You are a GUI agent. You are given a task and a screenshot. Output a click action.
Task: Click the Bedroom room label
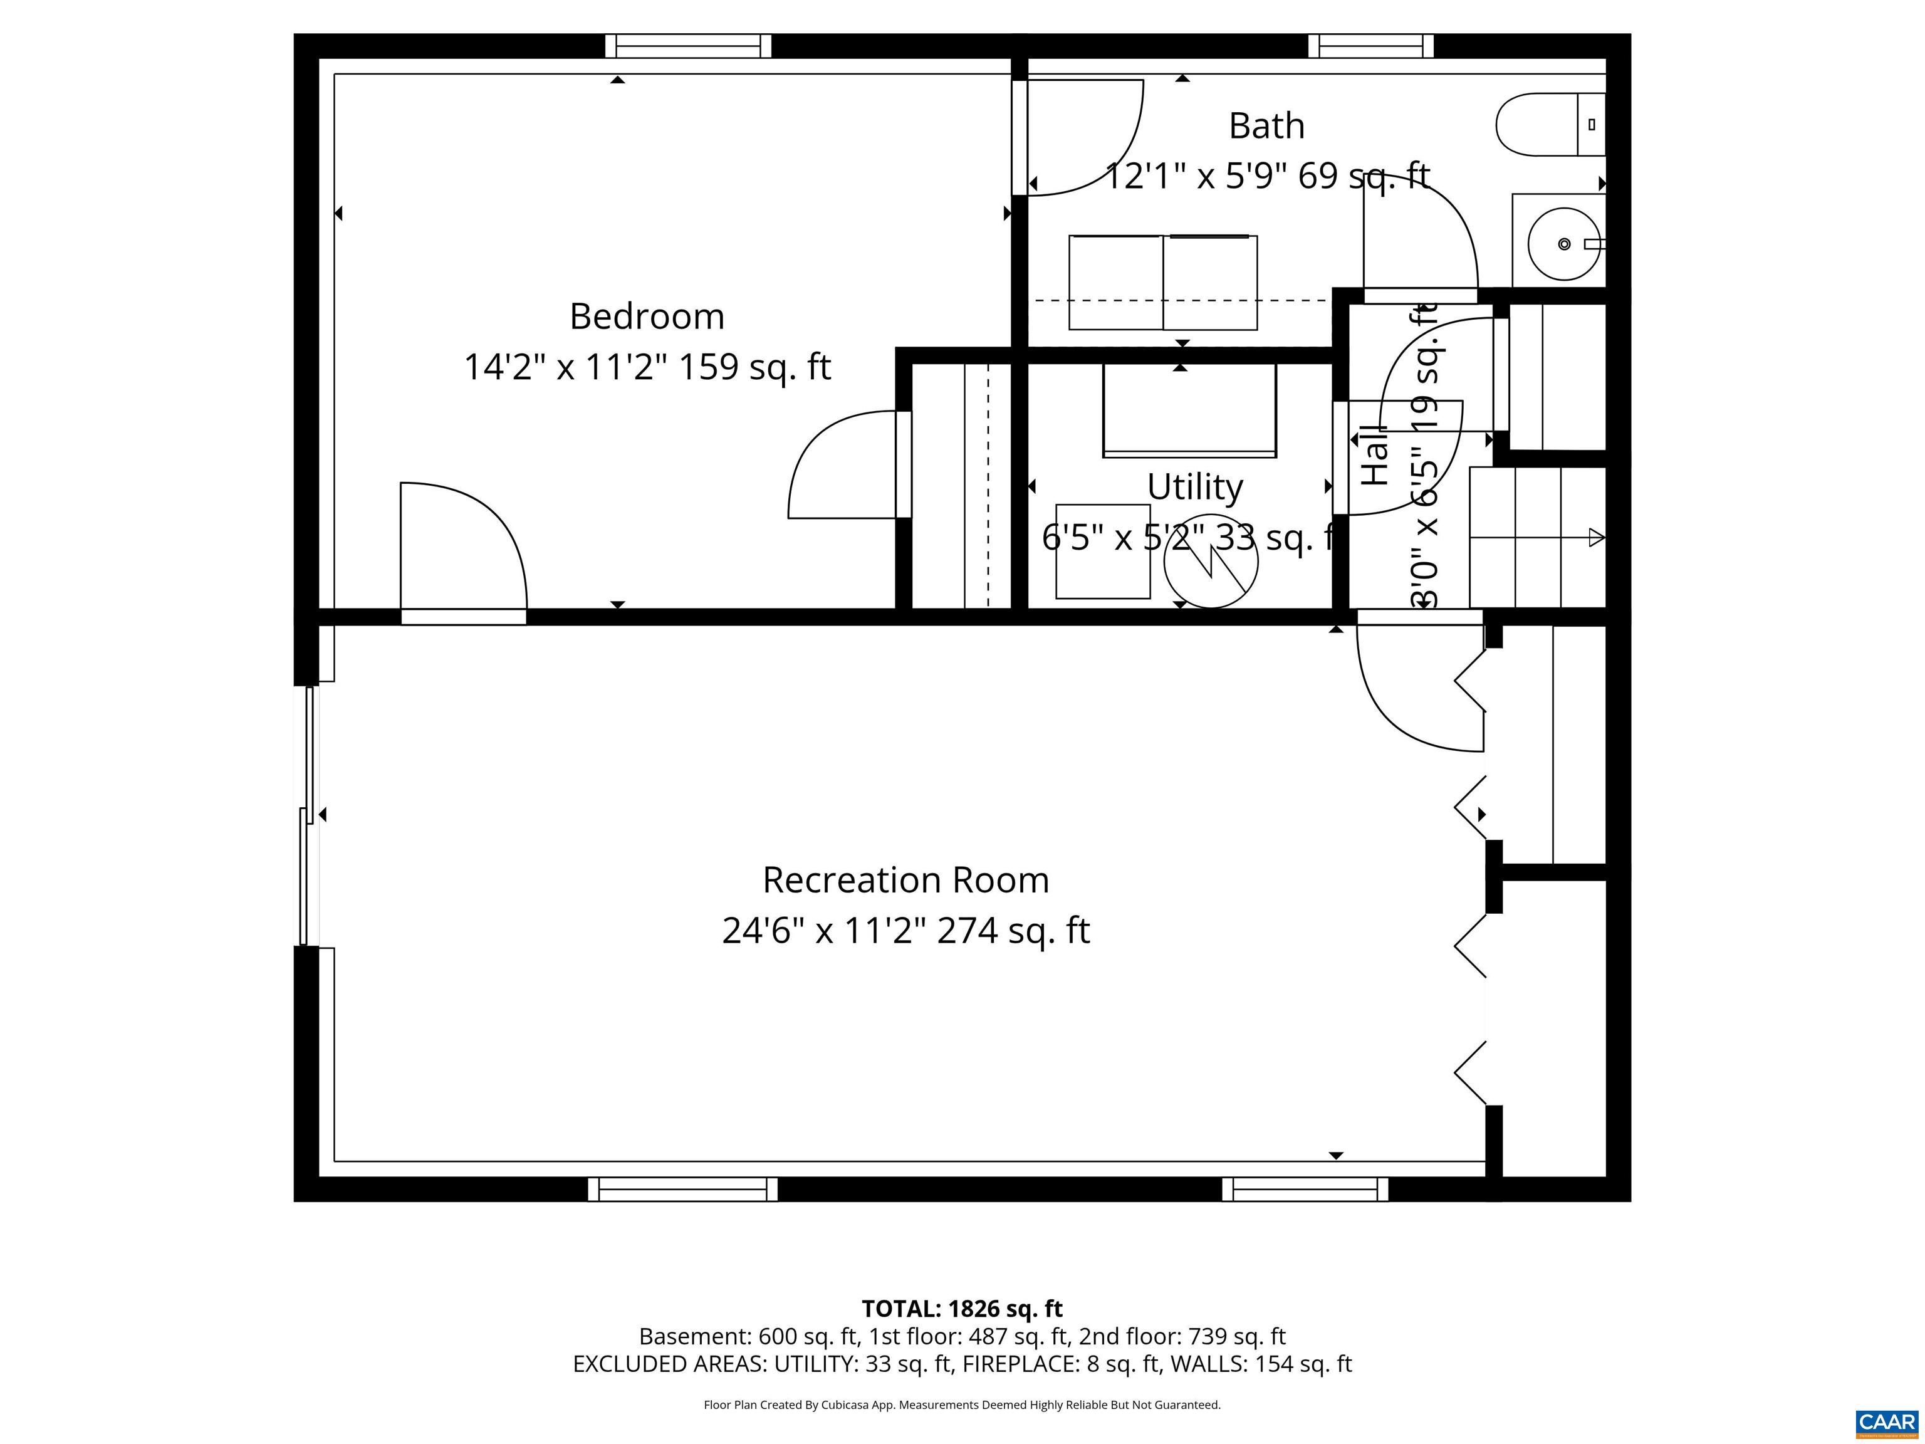[647, 316]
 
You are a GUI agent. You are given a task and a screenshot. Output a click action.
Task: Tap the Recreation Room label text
[905, 880]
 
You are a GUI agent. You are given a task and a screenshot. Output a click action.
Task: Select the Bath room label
[1266, 126]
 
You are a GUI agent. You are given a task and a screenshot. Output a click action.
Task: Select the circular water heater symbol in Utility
[1211, 562]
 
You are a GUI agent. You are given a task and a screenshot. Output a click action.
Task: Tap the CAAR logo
[1886, 1422]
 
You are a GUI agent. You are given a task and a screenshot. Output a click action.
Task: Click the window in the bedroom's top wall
[687, 46]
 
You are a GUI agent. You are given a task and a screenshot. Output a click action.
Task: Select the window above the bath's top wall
[1370, 46]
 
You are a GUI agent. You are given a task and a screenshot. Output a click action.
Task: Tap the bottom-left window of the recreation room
[682, 1189]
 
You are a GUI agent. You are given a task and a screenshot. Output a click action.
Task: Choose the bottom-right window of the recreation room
[1305, 1189]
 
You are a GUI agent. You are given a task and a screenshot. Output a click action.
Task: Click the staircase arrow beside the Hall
[1595, 538]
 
